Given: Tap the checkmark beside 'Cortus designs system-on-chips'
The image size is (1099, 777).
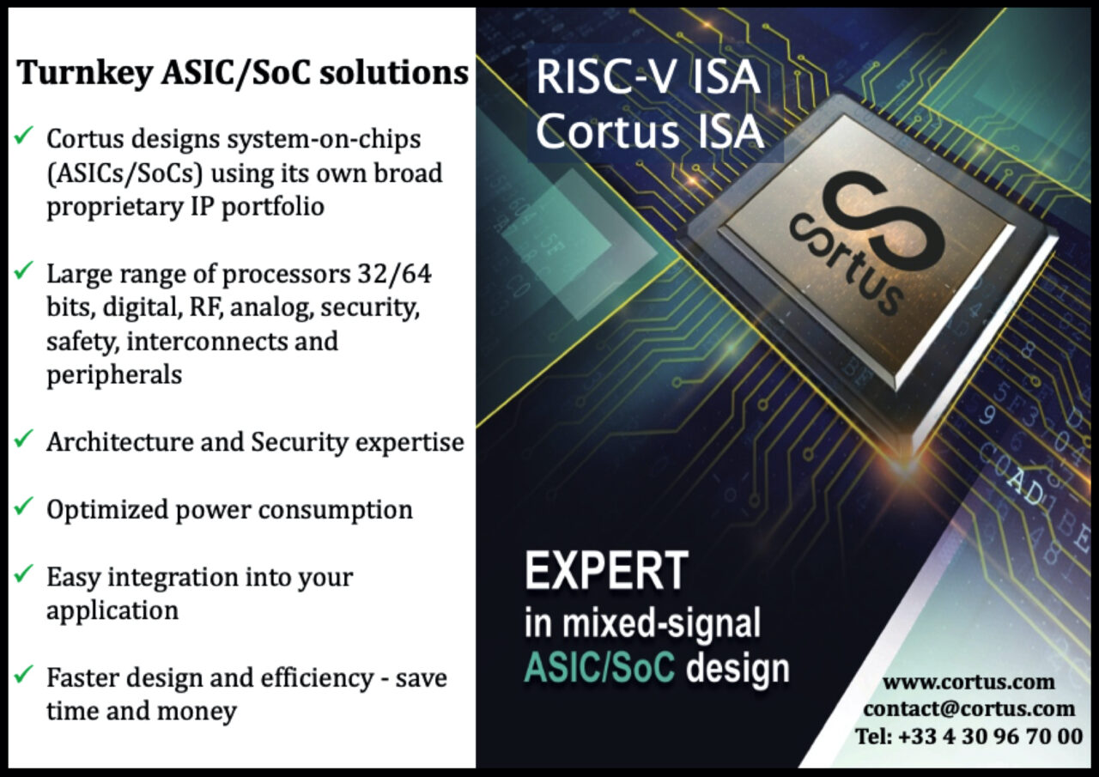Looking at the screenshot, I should tap(24, 135).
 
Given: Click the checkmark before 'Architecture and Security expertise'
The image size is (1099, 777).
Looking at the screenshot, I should tap(24, 440).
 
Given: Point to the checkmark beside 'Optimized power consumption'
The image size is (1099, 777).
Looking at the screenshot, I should tap(24, 507).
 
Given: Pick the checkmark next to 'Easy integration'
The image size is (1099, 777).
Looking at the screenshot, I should tap(24, 574).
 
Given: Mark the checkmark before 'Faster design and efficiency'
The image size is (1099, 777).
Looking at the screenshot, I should tap(24, 676).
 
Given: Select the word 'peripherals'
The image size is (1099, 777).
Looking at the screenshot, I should tap(113, 375).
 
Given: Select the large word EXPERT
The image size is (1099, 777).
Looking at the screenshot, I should tap(606, 570).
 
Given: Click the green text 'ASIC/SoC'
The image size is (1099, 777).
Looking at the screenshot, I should tap(598, 667).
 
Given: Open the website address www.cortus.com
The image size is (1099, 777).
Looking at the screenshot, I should tap(968, 682).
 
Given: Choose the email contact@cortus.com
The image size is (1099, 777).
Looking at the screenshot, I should tap(968, 708).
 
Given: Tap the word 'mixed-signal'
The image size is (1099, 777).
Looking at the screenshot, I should tap(661, 622).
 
